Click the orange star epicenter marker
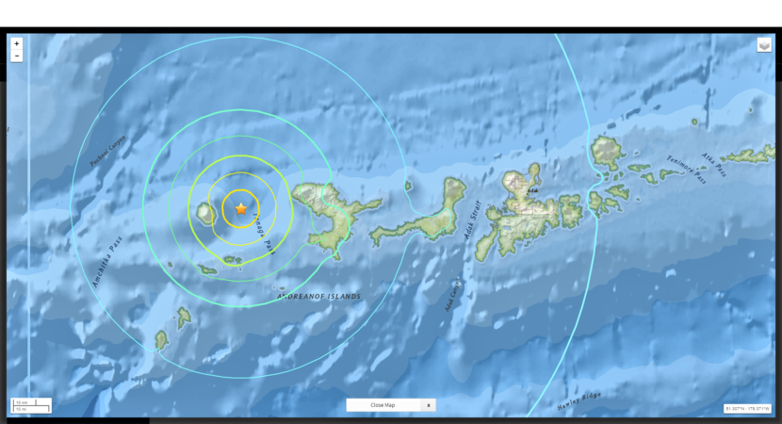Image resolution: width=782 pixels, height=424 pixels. (241, 208)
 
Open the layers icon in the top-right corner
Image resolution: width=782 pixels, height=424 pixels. (764, 45)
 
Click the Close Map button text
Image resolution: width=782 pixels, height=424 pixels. (383, 405)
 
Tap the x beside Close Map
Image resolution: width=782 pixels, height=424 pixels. (429, 405)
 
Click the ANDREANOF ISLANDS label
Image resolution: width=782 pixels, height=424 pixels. (318, 297)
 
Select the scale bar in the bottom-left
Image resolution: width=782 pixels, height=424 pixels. (30, 406)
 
